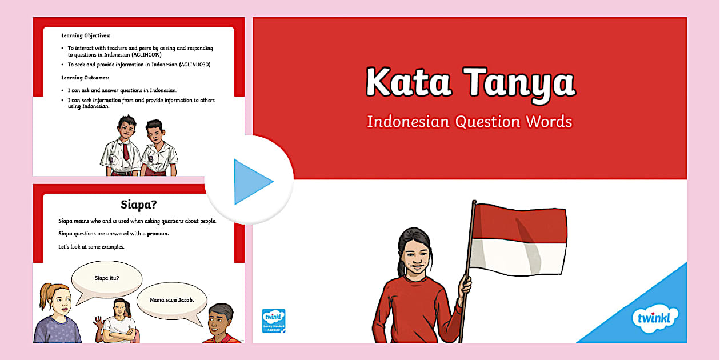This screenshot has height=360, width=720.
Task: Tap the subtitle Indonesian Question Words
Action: click(x=469, y=121)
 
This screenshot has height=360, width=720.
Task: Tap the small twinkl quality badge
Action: click(x=274, y=321)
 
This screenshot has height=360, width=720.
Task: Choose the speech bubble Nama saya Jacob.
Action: click(x=172, y=300)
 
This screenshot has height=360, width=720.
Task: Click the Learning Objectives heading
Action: click(x=86, y=35)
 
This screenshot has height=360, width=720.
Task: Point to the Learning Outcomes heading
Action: click(x=85, y=77)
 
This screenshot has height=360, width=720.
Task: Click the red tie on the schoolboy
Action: click(x=126, y=151)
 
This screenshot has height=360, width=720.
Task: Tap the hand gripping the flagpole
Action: click(x=466, y=285)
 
